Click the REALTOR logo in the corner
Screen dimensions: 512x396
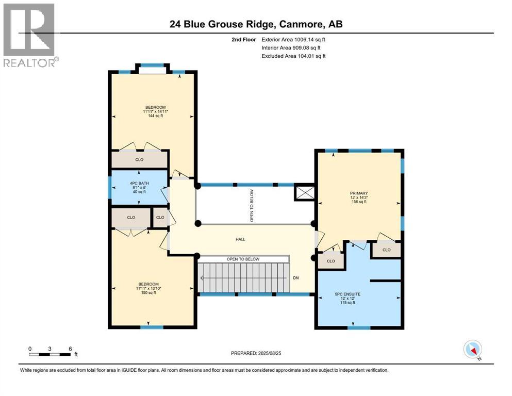point(31,35)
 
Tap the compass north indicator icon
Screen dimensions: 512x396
point(472,350)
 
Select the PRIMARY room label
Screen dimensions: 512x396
point(359,193)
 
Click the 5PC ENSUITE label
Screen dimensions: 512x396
point(348,294)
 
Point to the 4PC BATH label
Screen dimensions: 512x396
point(139,184)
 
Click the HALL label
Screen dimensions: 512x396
point(240,239)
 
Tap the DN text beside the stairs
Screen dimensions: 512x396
point(296,278)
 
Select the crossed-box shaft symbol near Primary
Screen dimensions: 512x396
point(304,193)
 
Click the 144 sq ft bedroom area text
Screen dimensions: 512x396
point(155,115)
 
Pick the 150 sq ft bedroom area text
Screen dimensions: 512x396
point(148,292)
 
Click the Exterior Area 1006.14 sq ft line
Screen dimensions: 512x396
point(293,40)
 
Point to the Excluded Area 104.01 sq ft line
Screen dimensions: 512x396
point(293,56)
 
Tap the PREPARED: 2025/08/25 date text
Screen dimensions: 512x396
point(256,353)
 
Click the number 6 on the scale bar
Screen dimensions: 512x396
point(70,349)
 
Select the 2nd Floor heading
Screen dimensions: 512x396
point(244,40)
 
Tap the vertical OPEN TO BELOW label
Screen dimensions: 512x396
point(252,206)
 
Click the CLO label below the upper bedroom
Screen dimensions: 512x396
point(139,160)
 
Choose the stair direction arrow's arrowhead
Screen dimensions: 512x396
point(202,278)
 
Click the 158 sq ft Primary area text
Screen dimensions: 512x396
point(359,202)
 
